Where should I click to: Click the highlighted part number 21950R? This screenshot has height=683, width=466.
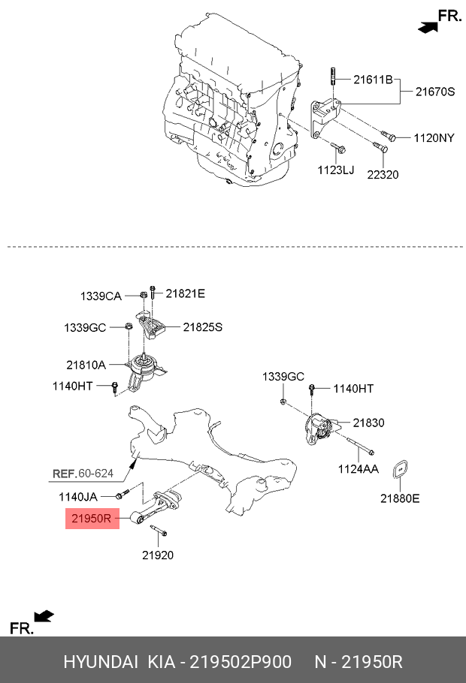92,517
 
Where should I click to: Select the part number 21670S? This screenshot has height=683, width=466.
436,92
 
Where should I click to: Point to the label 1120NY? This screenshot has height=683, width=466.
434,138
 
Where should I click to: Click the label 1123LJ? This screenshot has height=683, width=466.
334,170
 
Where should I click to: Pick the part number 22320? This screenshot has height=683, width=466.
382,175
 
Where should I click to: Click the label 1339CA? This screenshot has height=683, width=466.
101,296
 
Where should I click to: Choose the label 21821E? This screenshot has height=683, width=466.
185,293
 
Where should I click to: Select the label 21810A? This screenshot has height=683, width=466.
87,365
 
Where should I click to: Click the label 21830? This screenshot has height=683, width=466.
368,423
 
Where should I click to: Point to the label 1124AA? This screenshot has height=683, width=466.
358,471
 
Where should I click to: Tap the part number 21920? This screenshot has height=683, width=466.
158,555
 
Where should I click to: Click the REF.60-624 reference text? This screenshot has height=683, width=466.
82,474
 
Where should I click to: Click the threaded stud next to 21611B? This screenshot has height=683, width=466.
331,77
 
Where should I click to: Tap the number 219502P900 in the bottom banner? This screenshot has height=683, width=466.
240,662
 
